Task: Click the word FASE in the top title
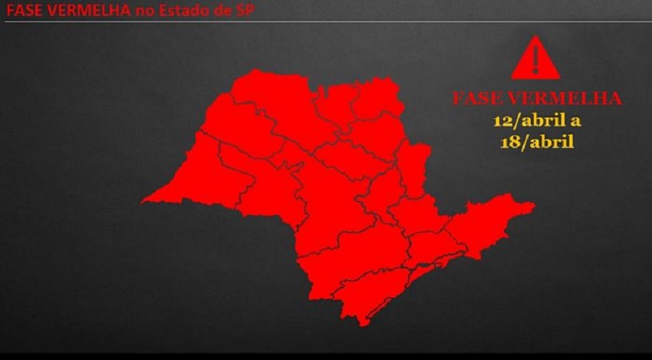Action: coord(23,10)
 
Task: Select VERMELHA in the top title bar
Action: coord(83,10)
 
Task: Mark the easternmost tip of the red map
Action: coord(535,205)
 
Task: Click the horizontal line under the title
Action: coord(326,21)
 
